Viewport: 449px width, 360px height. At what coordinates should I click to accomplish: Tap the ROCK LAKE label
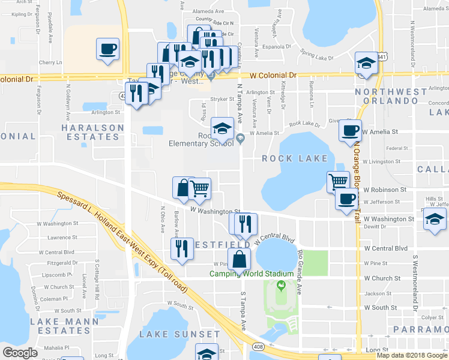pos(295,158)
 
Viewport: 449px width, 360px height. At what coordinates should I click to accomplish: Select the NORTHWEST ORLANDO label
pos(386,96)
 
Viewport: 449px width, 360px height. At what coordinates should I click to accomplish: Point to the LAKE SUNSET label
pos(180,334)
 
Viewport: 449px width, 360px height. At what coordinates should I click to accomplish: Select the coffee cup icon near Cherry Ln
pos(107,49)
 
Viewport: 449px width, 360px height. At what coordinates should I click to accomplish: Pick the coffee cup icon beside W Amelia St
pos(350,130)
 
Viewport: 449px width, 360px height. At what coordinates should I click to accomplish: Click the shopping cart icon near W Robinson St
pos(339,181)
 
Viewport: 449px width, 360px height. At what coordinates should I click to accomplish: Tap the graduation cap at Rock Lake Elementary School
pos(222,128)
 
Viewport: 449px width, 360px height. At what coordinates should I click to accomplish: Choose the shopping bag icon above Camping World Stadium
pos(239,260)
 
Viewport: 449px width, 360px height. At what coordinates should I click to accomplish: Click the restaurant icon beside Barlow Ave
pos(178,247)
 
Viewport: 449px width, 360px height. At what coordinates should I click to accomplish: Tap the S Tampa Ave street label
pos(244,311)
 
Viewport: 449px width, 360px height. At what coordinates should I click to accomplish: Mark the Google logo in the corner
pos(20,353)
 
